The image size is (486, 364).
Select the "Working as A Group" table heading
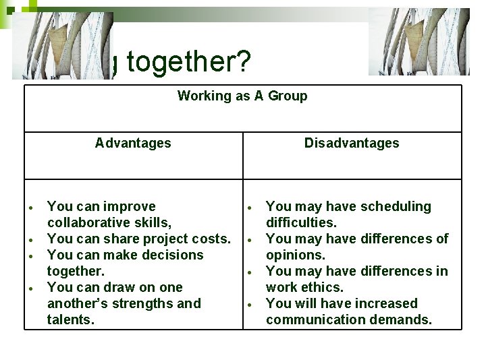point(242,96)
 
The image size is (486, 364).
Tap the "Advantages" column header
point(133,143)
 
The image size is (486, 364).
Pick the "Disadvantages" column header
point(352,143)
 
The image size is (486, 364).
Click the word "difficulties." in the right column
point(301,222)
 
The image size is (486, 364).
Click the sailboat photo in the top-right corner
point(419,42)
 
